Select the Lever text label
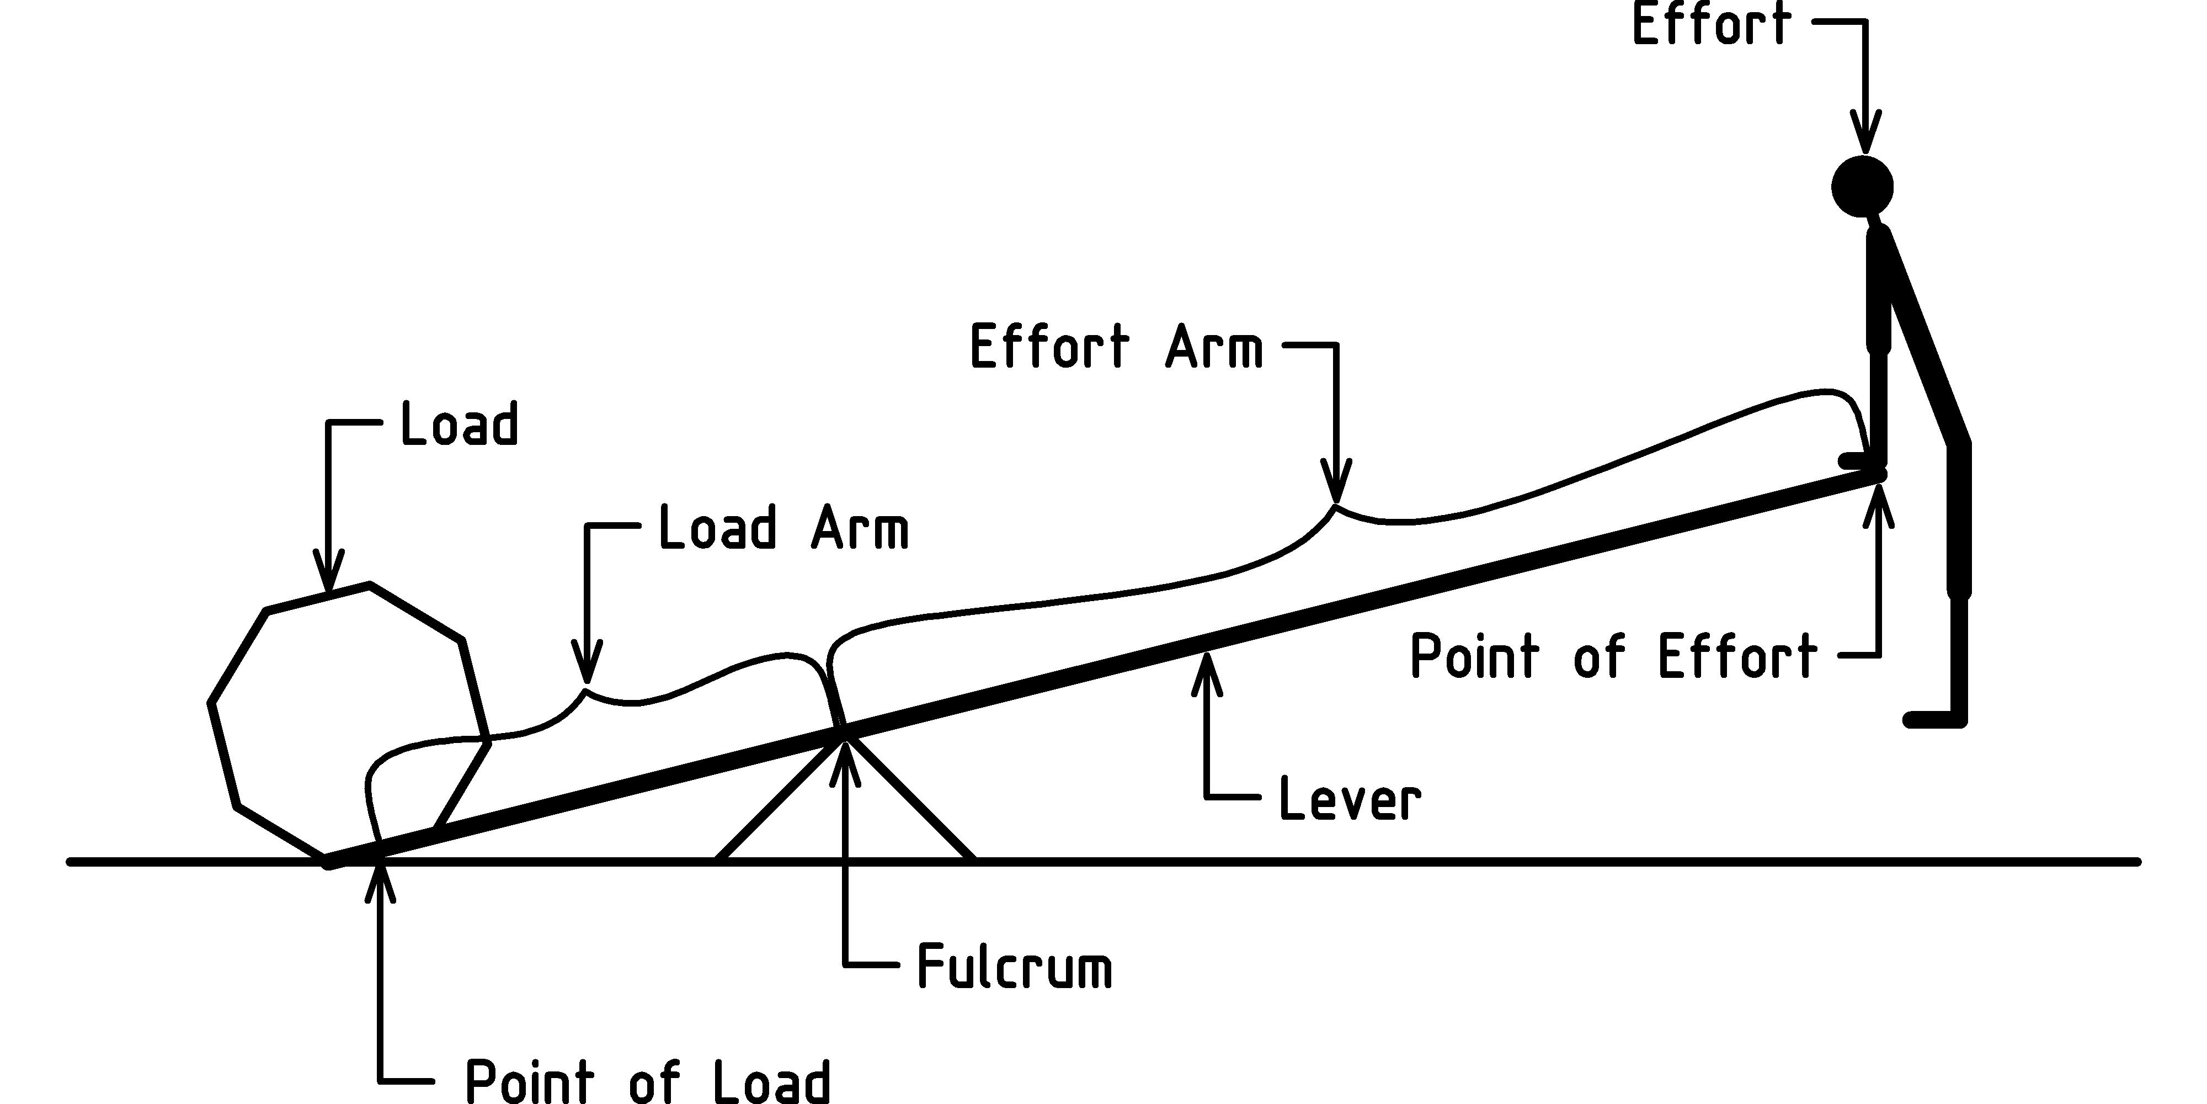point(1350,800)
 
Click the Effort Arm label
point(1116,347)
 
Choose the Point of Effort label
point(1613,657)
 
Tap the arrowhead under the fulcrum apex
point(846,758)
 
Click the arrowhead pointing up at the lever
point(1208,673)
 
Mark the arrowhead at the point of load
point(380,883)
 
